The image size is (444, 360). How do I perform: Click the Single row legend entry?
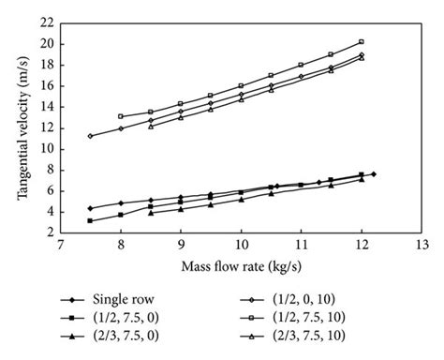(141, 299)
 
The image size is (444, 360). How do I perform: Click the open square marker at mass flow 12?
(361, 42)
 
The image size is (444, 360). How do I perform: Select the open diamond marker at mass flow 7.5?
(90, 136)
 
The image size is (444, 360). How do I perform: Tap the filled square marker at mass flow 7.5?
(90, 220)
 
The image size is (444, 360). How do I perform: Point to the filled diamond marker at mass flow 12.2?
(373, 174)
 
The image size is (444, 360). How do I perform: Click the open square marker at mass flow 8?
(120, 116)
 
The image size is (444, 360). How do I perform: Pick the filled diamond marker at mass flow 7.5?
(90, 208)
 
